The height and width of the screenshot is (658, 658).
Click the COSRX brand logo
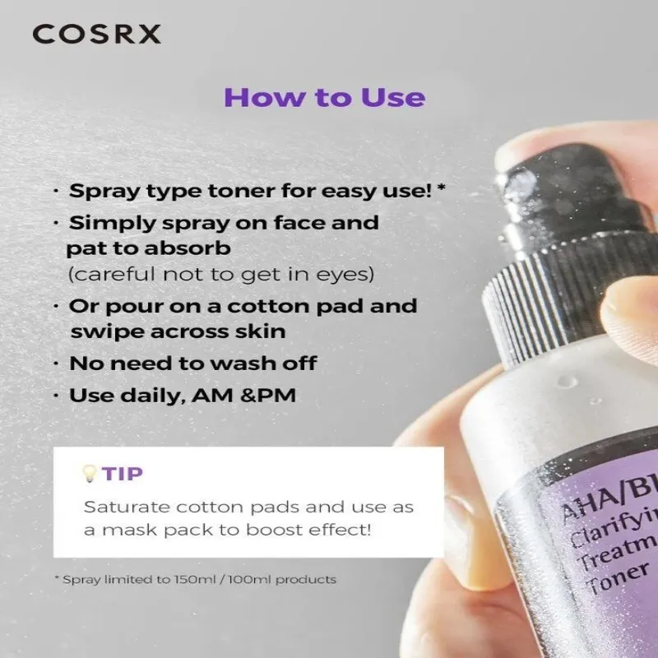click(x=96, y=34)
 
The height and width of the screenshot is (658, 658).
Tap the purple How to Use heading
click(x=324, y=97)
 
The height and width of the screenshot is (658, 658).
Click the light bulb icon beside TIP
click(x=89, y=474)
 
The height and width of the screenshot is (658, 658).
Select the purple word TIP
click(x=122, y=474)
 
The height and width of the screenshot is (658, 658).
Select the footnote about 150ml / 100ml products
click(x=196, y=580)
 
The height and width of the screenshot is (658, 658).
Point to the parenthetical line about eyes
click(x=220, y=275)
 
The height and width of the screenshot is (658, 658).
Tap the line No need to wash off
click(x=193, y=364)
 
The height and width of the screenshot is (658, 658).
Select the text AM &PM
click(x=243, y=396)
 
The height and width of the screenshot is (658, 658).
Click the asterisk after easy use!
click(x=441, y=188)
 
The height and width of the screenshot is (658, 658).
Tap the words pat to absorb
click(x=149, y=249)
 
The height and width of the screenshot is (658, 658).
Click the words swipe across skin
click(x=178, y=331)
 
